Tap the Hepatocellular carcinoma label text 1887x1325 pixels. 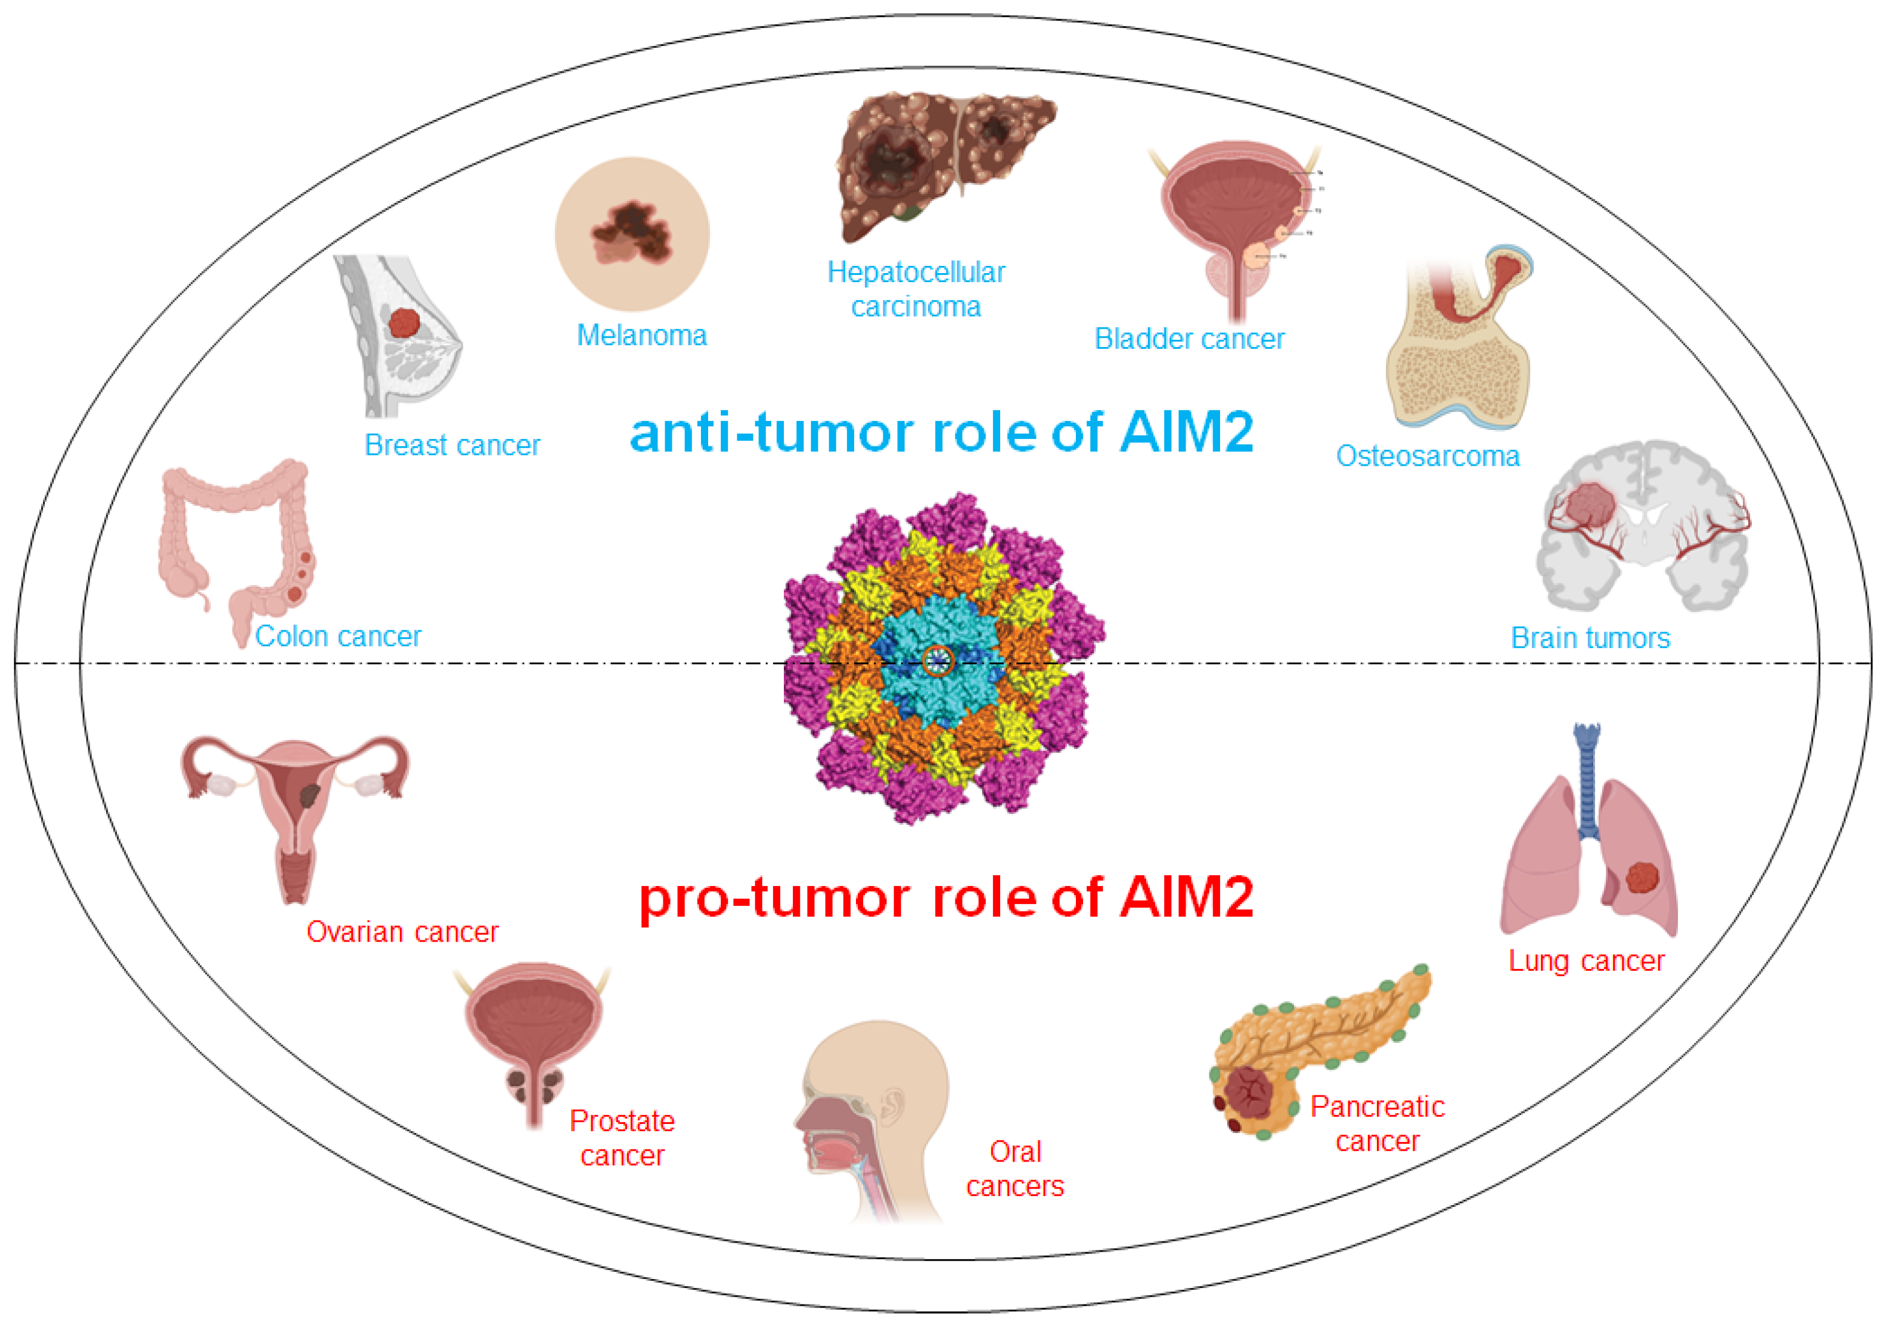pos(915,289)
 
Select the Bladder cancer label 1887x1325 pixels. pos(1189,339)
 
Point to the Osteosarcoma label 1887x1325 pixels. pos(1428,456)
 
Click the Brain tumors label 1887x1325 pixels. pos(1590,638)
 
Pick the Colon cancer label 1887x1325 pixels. pos(338,636)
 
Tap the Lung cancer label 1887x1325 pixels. pos(1585,960)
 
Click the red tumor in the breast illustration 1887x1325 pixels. pos(403,323)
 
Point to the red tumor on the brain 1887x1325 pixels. pos(1590,504)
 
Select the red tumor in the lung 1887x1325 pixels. pos(1641,877)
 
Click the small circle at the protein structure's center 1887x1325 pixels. pos(938,659)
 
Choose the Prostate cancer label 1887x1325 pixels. pos(622,1138)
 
